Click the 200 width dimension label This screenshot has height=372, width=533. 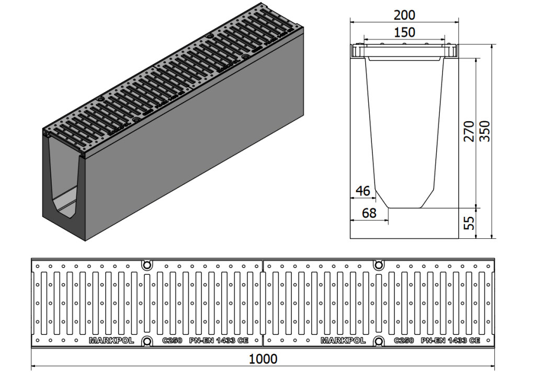[x=404, y=15]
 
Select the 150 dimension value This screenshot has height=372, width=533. [x=404, y=32]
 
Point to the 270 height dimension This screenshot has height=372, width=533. [x=469, y=131]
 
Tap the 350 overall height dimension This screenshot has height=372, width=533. [x=485, y=131]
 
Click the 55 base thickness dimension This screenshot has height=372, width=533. [x=469, y=223]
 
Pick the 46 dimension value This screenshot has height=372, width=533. [x=362, y=191]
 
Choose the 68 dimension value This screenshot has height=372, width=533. [x=369, y=213]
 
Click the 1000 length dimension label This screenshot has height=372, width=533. [x=263, y=358]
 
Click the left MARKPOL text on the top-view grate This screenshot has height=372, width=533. [x=111, y=341]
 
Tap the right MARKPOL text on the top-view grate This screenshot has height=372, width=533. [x=343, y=341]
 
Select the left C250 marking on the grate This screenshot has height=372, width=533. [x=172, y=341]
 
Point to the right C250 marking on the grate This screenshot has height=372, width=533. [x=404, y=341]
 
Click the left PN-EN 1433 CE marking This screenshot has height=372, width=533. [x=219, y=341]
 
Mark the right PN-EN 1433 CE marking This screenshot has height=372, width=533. [x=450, y=341]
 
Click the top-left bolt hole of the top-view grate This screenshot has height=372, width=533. [x=147, y=264]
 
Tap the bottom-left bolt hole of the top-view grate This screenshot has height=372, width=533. [x=147, y=341]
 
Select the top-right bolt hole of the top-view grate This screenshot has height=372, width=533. [x=378, y=264]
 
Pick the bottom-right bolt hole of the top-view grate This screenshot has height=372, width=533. [x=378, y=341]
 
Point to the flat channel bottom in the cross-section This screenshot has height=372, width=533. [x=404, y=208]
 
